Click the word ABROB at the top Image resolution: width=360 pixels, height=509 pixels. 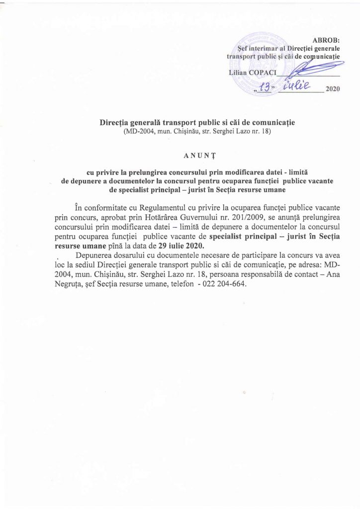pos(326,40)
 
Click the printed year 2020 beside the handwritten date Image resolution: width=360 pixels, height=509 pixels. pos(331,90)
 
